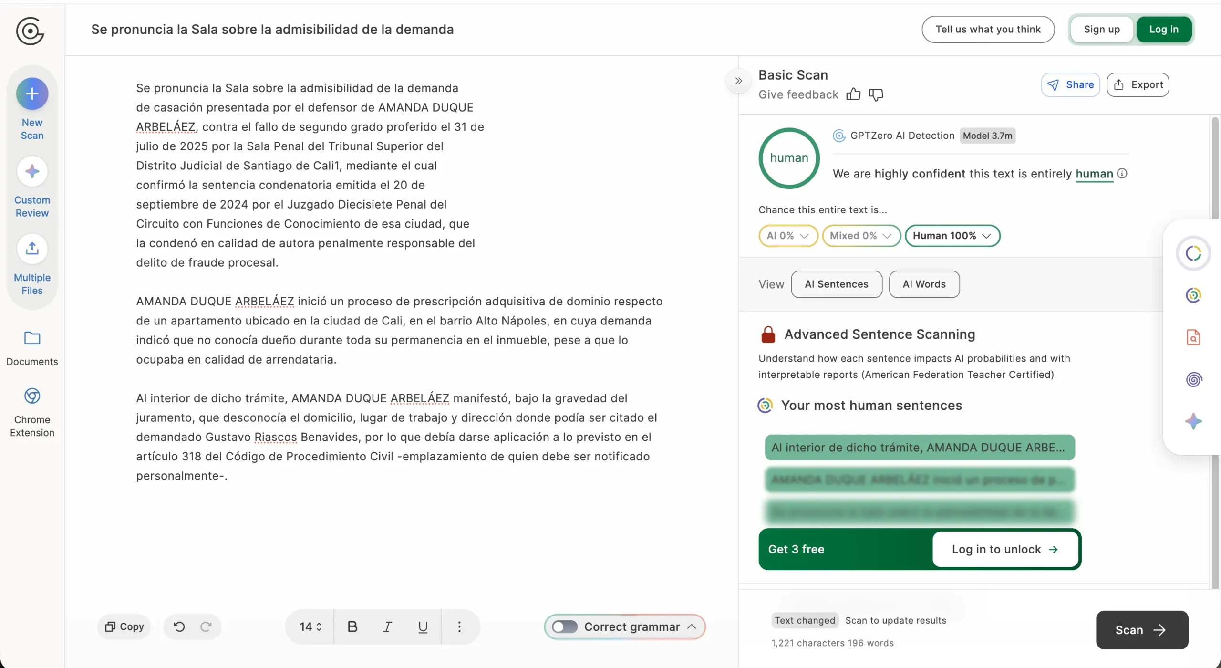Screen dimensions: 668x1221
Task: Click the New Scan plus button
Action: pyautogui.click(x=32, y=94)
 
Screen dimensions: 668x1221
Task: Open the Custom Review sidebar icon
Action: pyautogui.click(x=32, y=171)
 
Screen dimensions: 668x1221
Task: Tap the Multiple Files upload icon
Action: pyautogui.click(x=32, y=249)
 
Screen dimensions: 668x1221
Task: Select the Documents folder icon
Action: pyautogui.click(x=32, y=338)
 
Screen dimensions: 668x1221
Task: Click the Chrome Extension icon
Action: pyautogui.click(x=32, y=396)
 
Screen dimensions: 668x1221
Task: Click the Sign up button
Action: pyautogui.click(x=1101, y=30)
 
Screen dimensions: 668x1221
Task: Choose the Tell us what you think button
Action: pyautogui.click(x=988, y=30)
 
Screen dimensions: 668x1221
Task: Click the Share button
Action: pyautogui.click(x=1070, y=85)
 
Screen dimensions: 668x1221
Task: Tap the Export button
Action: pyautogui.click(x=1138, y=85)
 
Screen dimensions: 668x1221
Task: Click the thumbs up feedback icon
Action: pyautogui.click(x=853, y=94)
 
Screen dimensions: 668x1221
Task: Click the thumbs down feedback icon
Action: pyautogui.click(x=876, y=94)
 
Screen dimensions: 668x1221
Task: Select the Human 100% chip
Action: pyautogui.click(x=952, y=236)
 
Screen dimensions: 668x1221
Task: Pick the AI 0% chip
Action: pyautogui.click(x=788, y=236)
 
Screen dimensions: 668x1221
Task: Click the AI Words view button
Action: pyautogui.click(x=924, y=284)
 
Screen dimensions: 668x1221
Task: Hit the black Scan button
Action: pyautogui.click(x=1141, y=630)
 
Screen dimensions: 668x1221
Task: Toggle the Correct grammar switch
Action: pyautogui.click(x=565, y=626)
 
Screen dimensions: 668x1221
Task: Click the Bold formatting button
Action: pyautogui.click(x=352, y=626)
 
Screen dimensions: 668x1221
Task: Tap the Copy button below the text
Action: pyautogui.click(x=124, y=626)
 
